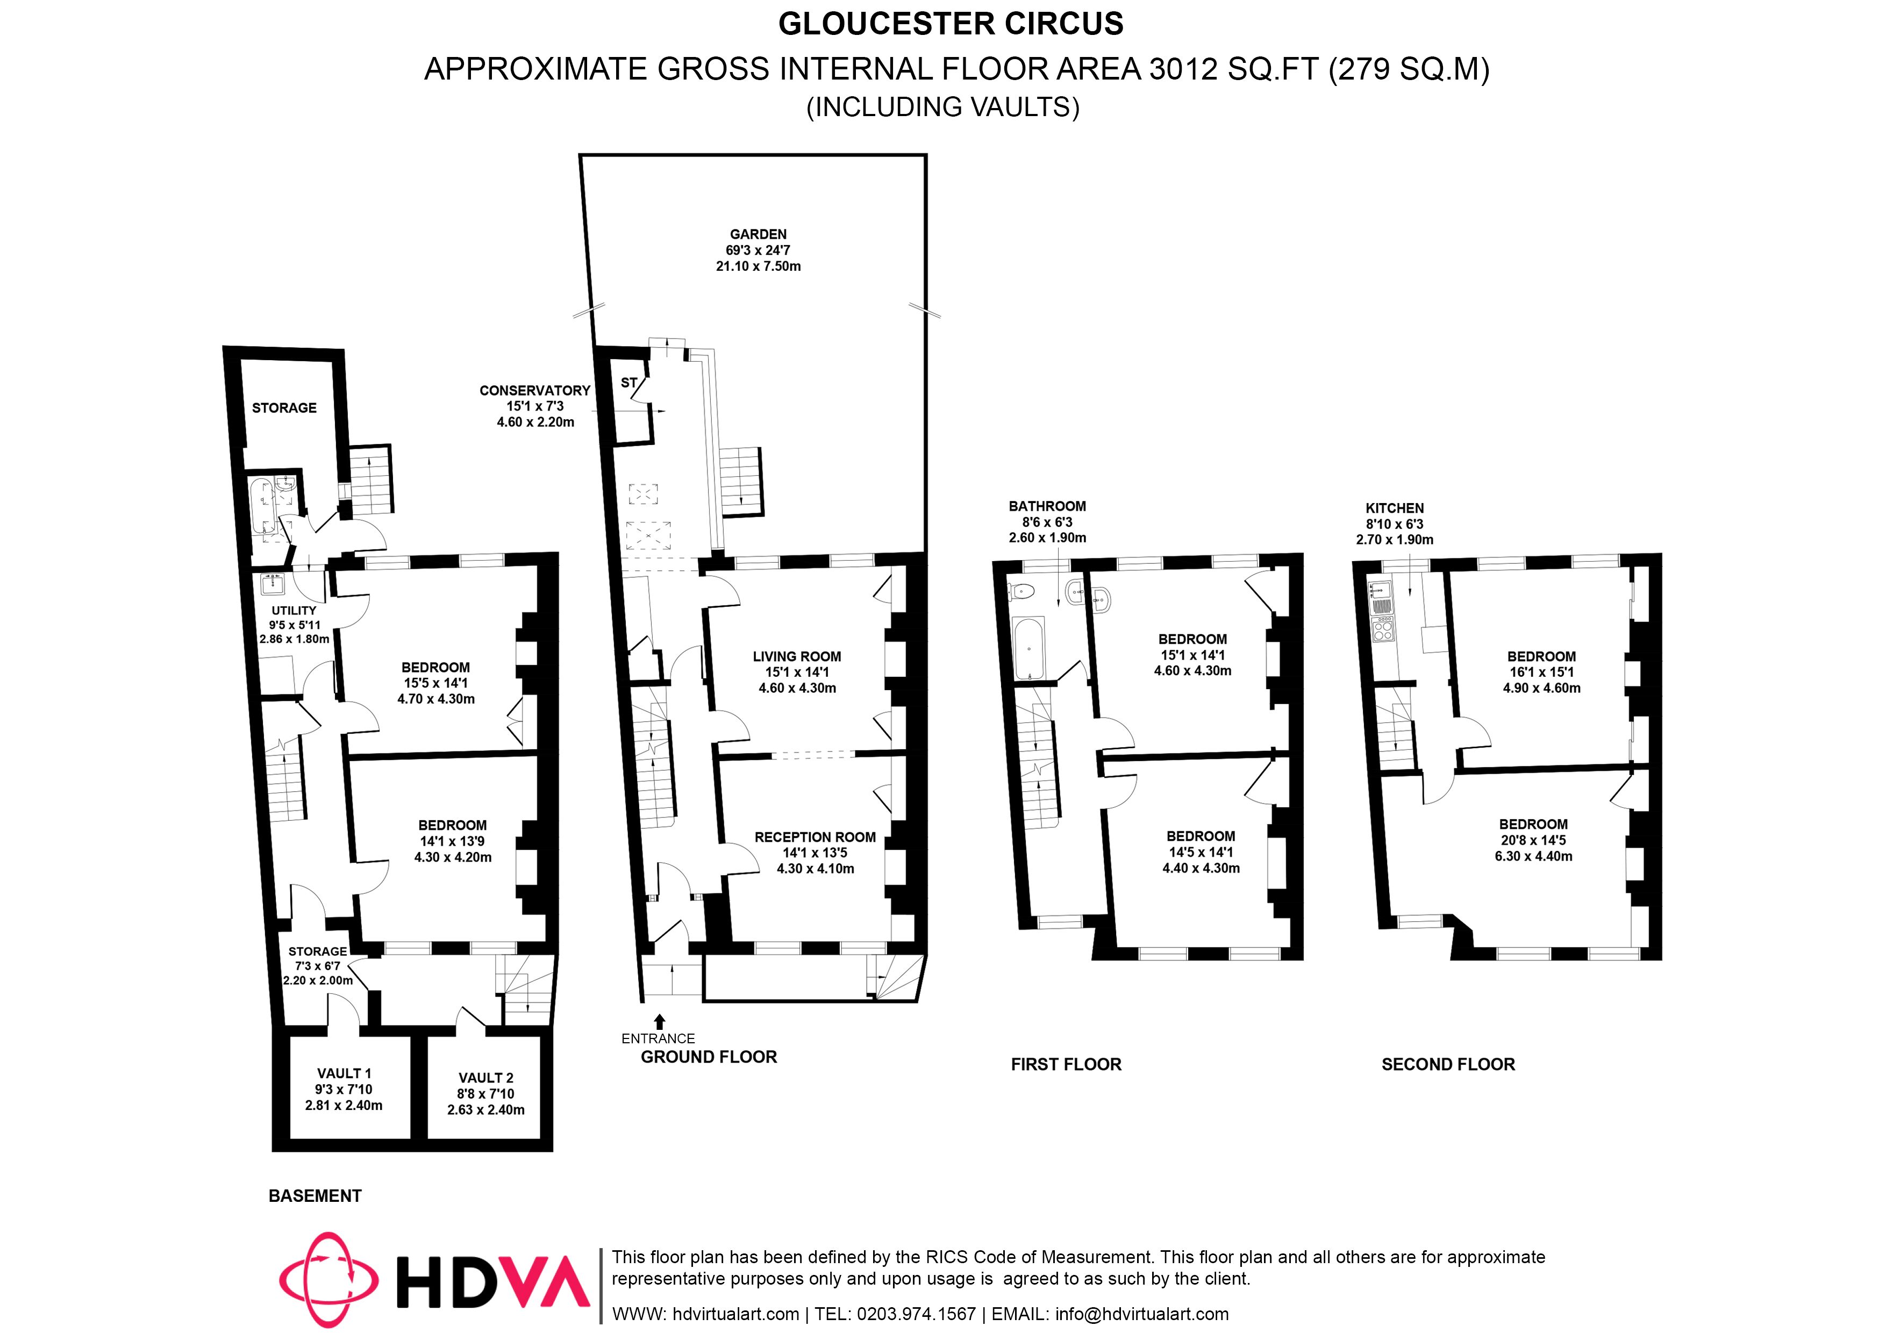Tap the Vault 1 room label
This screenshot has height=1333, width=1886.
(344, 1073)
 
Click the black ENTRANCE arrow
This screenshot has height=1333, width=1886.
(660, 1022)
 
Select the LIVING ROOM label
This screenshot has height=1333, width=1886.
(797, 656)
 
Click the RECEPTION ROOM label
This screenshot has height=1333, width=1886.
(815, 837)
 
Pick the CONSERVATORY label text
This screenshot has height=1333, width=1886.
(535, 391)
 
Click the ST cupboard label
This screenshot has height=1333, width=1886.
(628, 383)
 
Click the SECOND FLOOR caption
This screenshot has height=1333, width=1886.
(1447, 1064)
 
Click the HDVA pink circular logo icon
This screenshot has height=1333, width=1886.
(328, 1280)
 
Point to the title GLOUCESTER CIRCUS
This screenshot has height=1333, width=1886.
(951, 24)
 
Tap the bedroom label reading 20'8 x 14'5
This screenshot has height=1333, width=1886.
(1533, 840)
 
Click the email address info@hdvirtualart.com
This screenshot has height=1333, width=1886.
(1142, 1314)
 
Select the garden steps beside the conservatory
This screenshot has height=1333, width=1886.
(742, 481)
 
